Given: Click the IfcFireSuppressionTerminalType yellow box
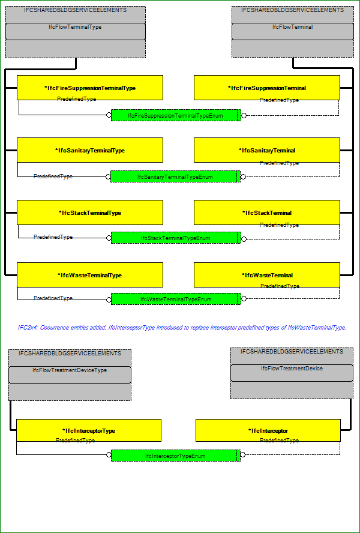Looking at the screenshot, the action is (x=90, y=88).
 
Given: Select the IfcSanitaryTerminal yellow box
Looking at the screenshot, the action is (x=267, y=150).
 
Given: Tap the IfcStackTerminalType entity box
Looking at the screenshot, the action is (x=90, y=212).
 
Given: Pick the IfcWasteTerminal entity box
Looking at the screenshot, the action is (x=267, y=275).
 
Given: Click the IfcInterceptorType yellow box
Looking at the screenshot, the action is (x=89, y=430).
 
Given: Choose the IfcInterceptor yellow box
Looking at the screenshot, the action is (x=268, y=430).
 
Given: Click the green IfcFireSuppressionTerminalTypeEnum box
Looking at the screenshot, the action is (x=176, y=115).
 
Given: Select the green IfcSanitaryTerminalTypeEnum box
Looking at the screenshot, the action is (x=175, y=176).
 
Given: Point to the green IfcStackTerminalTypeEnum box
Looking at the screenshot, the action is (x=176, y=238).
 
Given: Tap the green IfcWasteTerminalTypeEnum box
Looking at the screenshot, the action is (x=176, y=299).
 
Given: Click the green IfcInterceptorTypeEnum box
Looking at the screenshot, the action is (x=176, y=456).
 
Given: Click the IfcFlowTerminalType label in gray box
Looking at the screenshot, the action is (x=75, y=27).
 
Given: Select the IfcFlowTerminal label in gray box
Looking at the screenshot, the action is (x=293, y=27).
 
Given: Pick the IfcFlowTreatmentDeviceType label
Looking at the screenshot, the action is (x=70, y=370).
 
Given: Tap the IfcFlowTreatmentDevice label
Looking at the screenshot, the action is (x=292, y=368).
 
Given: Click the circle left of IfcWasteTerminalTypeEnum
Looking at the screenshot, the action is (x=109, y=300).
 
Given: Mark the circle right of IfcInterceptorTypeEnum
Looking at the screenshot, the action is (x=243, y=454).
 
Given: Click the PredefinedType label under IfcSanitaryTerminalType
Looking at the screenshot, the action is (x=53, y=176).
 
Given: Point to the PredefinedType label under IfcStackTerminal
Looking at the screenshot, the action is (x=280, y=224).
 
